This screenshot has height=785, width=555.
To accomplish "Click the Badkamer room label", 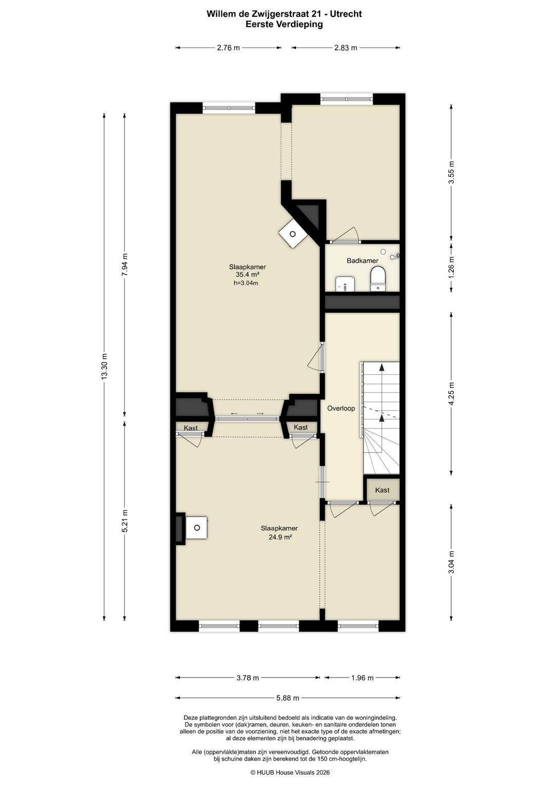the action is [362, 261].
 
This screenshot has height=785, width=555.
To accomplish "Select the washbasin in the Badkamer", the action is [345, 284].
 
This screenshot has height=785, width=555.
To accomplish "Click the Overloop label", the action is [341, 408].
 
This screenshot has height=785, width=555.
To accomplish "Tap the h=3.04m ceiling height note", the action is [246, 283].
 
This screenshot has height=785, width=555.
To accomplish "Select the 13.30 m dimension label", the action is [104, 366].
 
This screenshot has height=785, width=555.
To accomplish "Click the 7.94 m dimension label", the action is [125, 265].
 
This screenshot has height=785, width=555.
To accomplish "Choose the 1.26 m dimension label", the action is [451, 267].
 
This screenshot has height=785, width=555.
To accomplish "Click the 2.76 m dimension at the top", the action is [229, 48].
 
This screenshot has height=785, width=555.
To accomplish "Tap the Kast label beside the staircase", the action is [382, 490].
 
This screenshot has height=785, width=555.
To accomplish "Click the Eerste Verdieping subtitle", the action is [284, 25].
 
